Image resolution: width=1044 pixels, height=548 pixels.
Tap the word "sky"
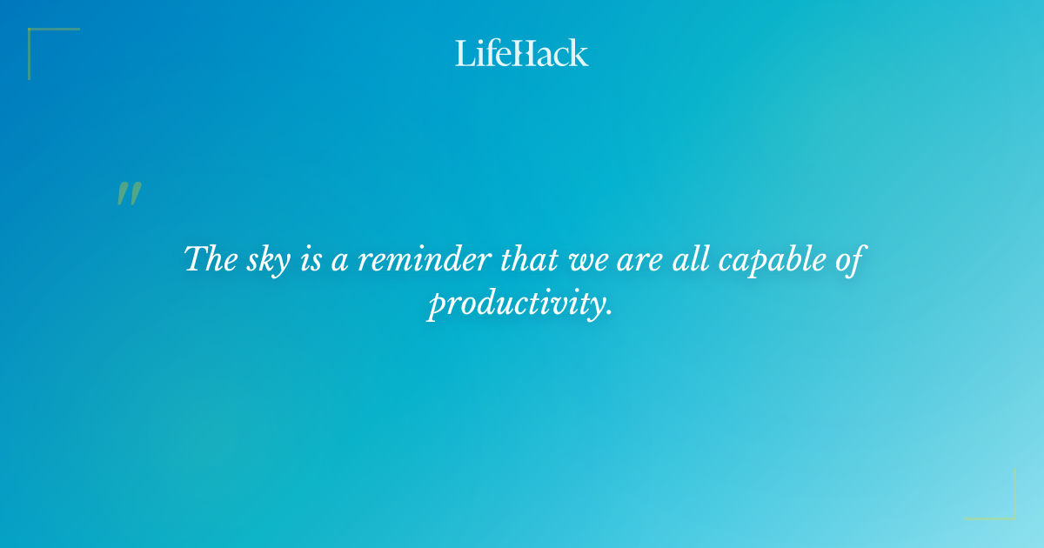269,259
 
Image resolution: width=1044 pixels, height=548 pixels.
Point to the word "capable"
764,259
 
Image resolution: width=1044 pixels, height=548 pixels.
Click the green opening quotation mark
128,194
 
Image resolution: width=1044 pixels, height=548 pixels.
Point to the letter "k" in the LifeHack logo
579,53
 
